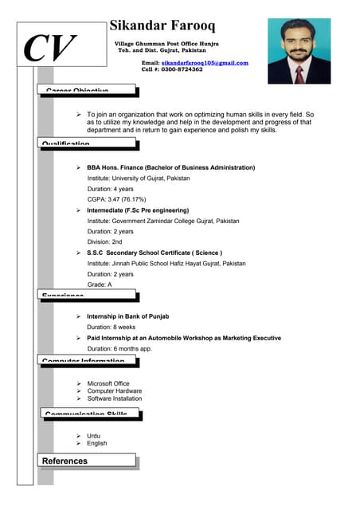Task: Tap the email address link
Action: [205, 62]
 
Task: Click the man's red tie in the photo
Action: [299, 74]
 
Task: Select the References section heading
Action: [65, 461]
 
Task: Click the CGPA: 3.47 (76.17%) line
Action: [116, 199]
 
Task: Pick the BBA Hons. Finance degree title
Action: [170, 168]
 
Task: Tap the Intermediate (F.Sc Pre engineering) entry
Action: [137, 210]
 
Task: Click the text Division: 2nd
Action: [104, 241]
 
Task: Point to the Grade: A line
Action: [100, 284]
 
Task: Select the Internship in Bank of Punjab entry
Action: [127, 316]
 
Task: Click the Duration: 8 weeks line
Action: [111, 327]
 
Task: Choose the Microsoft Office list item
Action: [108, 383]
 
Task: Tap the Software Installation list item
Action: [114, 398]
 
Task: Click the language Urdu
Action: [94, 436]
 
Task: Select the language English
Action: [96, 443]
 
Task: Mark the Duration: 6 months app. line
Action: [119, 349]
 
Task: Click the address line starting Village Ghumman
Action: [166, 42]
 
